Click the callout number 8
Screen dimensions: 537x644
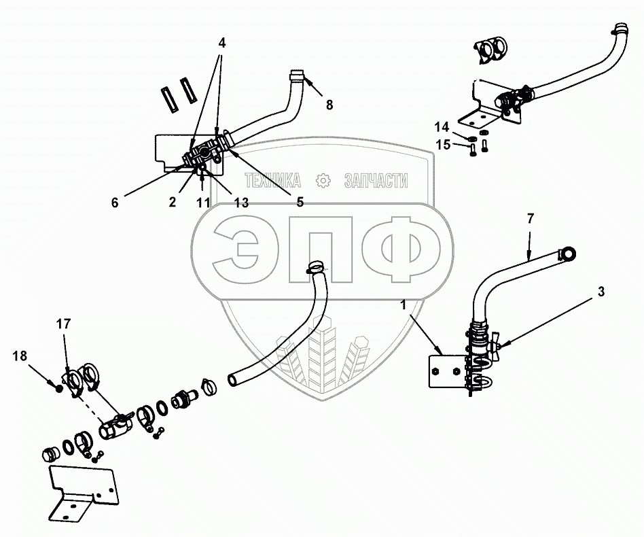coord(329,105)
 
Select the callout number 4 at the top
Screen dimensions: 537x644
coord(222,42)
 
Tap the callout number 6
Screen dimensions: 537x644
coord(114,201)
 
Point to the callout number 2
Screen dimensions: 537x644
coord(173,202)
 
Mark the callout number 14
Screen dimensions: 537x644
coord(442,126)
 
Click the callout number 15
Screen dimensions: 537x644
coord(442,144)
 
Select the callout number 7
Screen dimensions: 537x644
coord(531,218)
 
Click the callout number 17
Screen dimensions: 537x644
coord(63,324)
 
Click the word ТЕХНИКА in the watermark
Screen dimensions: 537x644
coord(272,181)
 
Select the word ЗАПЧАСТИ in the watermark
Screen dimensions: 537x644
coord(376,181)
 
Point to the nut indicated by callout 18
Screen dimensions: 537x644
coord(60,388)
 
